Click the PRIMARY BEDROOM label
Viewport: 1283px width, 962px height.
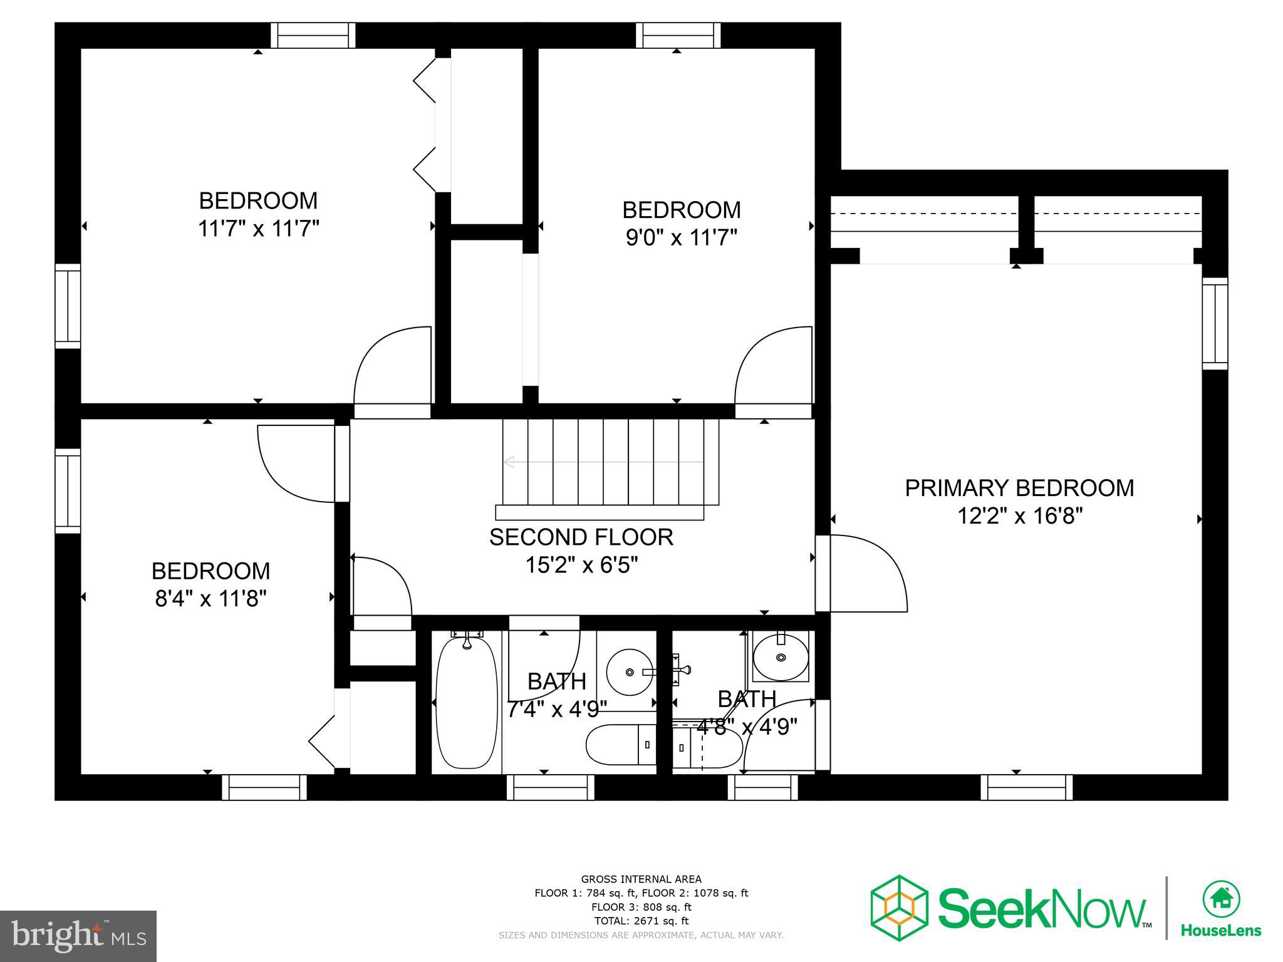point(1019,488)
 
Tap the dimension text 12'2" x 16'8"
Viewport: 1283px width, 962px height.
point(1019,516)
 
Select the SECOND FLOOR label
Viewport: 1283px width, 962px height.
point(581,537)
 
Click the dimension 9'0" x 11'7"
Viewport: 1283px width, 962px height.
point(681,237)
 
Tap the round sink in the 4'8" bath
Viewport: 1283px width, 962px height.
point(780,658)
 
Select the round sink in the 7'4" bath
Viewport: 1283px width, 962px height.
point(630,672)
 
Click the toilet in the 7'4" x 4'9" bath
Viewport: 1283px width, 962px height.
point(620,745)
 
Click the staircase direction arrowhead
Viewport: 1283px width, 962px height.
point(509,462)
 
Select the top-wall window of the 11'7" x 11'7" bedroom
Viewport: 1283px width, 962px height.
point(313,35)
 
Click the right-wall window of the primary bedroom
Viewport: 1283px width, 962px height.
point(1215,323)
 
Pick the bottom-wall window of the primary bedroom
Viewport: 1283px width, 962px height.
point(1026,787)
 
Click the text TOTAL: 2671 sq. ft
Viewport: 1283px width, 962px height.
point(641,921)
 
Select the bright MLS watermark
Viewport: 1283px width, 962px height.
point(78,936)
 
